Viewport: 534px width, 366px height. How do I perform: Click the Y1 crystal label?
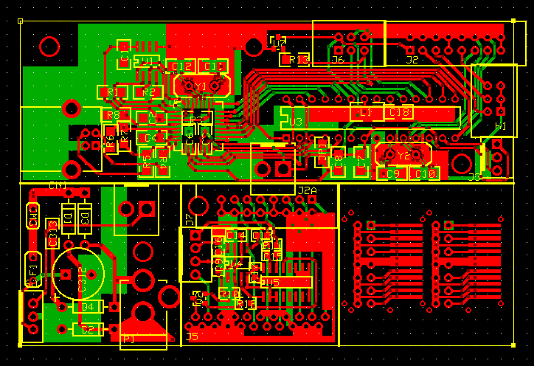pyautogui.click(x=201, y=87)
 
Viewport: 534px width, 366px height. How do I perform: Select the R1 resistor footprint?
pyautogui.click(x=112, y=92)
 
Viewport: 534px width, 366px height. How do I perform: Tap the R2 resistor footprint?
pyautogui.click(x=148, y=92)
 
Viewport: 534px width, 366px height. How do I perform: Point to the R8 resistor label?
pyautogui.click(x=113, y=115)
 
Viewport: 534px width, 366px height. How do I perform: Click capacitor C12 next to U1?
pyautogui.click(x=181, y=66)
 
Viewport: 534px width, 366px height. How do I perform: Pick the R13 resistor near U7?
pyautogui.click(x=299, y=59)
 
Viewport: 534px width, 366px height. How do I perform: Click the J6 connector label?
pyautogui.click(x=338, y=60)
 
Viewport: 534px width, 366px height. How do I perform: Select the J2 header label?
pyautogui.click(x=412, y=59)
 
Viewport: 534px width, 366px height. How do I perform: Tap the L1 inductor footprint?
pyautogui.click(x=364, y=112)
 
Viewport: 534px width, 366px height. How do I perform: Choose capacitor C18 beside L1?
pyautogui.click(x=400, y=112)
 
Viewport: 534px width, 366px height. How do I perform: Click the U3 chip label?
pyautogui.click(x=296, y=122)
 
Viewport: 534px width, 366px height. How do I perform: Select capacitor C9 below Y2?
pyautogui.click(x=392, y=173)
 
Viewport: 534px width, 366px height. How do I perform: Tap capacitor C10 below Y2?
pyautogui.click(x=423, y=173)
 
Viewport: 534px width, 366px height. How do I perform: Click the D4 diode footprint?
pyautogui.click(x=88, y=306)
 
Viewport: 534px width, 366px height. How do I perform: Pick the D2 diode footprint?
pyautogui.click(x=88, y=329)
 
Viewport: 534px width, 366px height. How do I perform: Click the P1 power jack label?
pyautogui.click(x=128, y=339)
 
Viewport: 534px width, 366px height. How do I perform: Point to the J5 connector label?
pyautogui.click(x=192, y=336)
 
